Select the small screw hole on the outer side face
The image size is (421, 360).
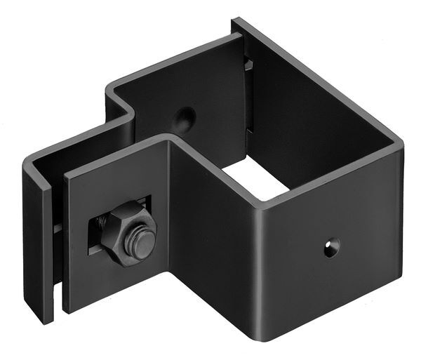pos(330,246)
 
